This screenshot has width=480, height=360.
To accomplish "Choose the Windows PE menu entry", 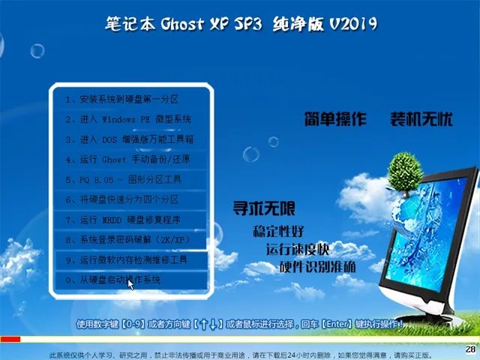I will pyautogui.click(x=127, y=119).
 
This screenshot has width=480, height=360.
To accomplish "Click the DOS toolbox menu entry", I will pyautogui.click(x=127, y=139).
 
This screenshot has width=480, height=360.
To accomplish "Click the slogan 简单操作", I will pyautogui.click(x=335, y=119).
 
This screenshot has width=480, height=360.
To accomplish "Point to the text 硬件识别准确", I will pyautogui.click(x=317, y=267).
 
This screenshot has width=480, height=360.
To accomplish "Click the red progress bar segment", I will pyautogui.click(x=10, y=339).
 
